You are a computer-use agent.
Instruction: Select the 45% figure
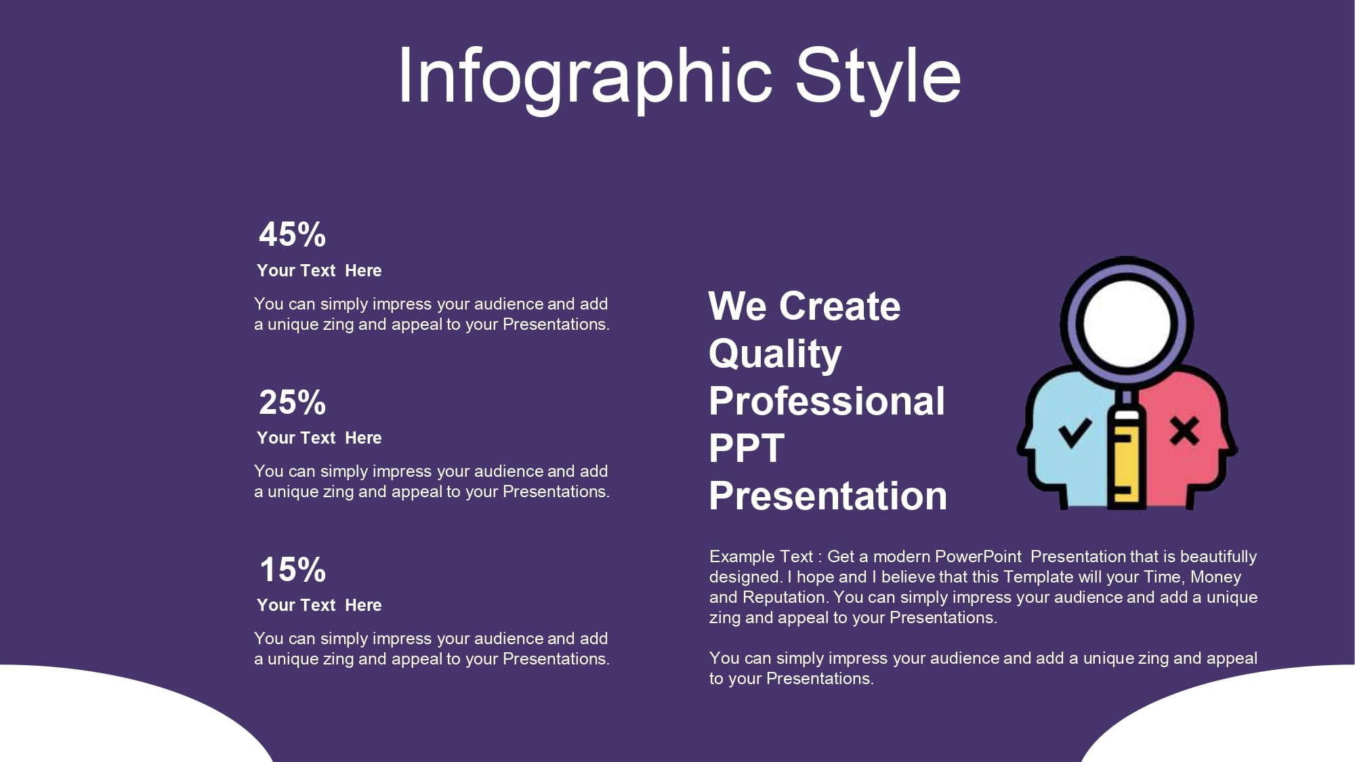coord(293,234)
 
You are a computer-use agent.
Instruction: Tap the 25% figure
coord(293,402)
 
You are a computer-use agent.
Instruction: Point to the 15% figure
coord(293,569)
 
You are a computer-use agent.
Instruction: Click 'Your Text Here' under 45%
coord(319,270)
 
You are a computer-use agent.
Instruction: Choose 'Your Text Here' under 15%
coord(319,605)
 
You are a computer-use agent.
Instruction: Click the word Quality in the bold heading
coord(775,354)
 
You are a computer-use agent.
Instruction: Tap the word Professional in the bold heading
coord(827,401)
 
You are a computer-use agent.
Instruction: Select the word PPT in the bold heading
coord(747,448)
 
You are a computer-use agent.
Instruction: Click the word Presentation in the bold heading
coord(828,496)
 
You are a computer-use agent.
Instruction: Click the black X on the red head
coord(1185,431)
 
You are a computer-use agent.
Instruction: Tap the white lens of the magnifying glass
coord(1127,324)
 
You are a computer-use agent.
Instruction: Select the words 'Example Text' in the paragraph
coord(761,557)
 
